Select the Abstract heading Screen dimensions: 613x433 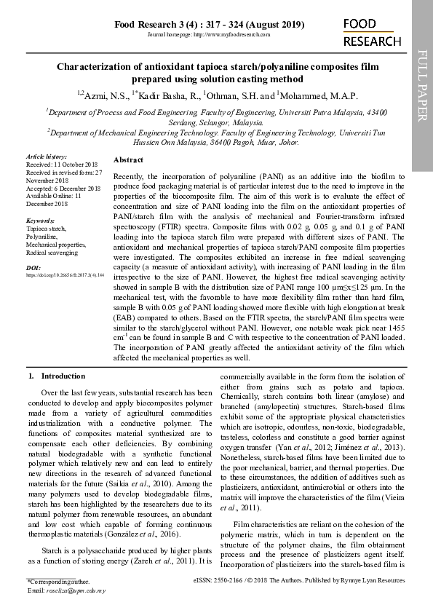129,159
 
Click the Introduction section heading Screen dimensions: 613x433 63,376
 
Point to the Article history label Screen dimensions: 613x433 47,157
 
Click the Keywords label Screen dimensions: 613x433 40,220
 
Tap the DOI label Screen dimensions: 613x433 33,267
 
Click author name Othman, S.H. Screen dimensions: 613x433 231,95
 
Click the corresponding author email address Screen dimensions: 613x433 76,590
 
